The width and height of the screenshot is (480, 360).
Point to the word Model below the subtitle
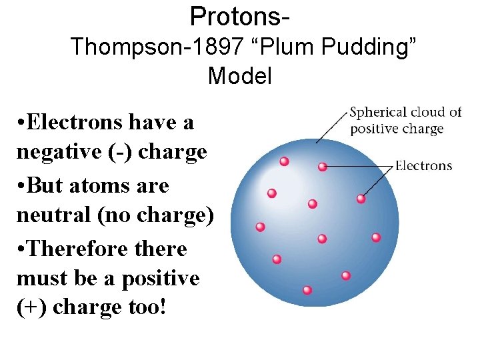point(239,76)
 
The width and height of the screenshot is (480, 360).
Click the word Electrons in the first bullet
point(75,123)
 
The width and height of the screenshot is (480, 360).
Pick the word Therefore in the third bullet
point(75,248)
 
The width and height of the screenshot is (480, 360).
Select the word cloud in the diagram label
point(423,112)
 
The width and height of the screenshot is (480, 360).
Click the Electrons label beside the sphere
point(423,165)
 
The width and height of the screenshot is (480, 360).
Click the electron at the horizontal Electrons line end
point(323,167)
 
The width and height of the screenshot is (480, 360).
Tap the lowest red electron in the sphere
point(307,290)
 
